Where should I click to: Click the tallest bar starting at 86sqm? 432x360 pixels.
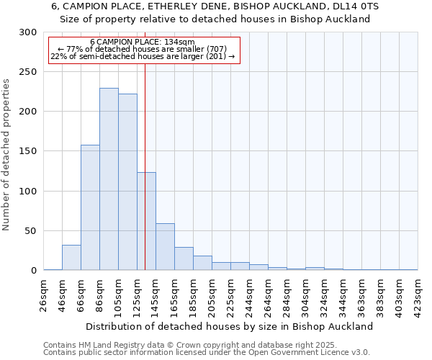click(x=109, y=179)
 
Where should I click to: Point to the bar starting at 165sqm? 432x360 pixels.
click(x=184, y=258)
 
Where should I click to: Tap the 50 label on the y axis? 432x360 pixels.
click(x=30, y=231)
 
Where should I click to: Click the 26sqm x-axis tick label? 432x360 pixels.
click(x=44, y=294)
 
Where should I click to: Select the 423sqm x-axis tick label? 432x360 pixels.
click(x=418, y=294)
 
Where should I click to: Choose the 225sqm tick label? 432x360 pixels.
click(x=231, y=294)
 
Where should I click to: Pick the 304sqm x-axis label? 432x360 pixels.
click(x=306, y=294)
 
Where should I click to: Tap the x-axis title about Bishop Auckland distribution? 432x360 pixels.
click(x=230, y=326)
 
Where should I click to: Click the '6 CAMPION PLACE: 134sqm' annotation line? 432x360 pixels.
click(x=143, y=42)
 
